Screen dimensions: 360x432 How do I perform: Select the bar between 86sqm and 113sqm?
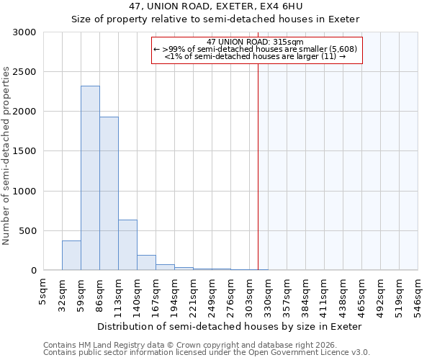pyautogui.click(x=109, y=193)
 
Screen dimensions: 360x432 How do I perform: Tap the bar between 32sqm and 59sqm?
pyautogui.click(x=71, y=256)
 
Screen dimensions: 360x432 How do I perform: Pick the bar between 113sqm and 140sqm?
pyautogui.click(x=127, y=245)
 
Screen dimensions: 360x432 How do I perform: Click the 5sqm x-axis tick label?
pyautogui.click(x=43, y=292)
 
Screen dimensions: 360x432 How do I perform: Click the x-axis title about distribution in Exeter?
pyautogui.click(x=228, y=326)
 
